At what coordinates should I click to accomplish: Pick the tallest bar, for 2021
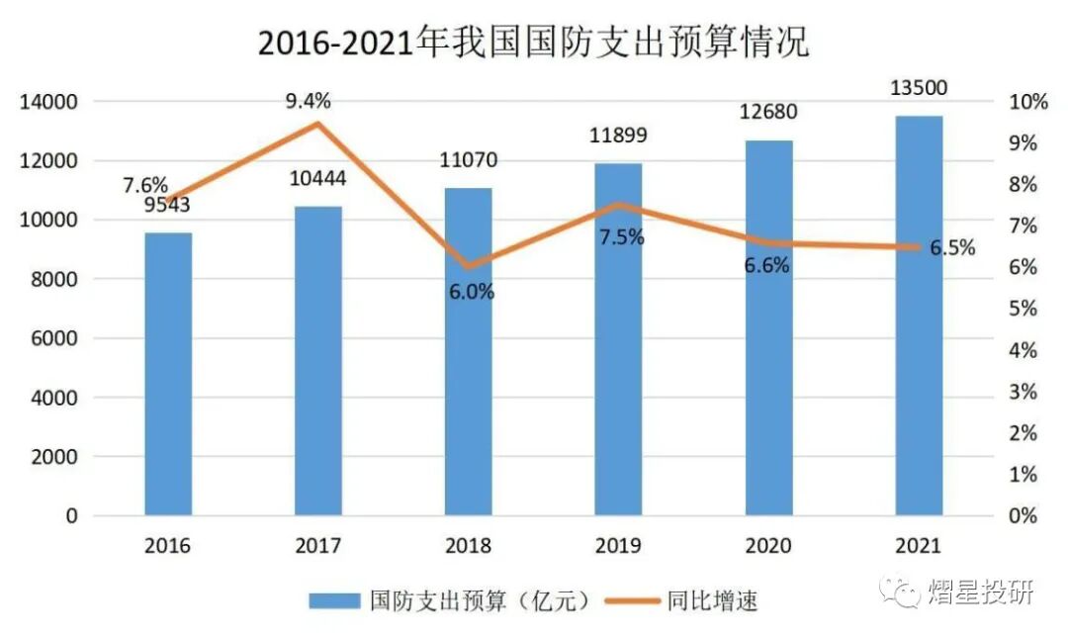(x=919, y=316)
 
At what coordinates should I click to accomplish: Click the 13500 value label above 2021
(x=919, y=88)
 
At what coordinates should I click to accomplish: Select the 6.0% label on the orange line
(x=471, y=292)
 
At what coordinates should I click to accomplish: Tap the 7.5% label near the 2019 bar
(x=620, y=237)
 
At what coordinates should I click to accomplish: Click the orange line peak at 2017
(x=317, y=124)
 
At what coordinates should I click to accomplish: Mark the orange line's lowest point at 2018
(x=469, y=266)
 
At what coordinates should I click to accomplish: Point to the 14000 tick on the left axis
(x=50, y=102)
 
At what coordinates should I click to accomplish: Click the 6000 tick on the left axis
(x=55, y=338)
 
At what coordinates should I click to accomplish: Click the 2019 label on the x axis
(x=618, y=546)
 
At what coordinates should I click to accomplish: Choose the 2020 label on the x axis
(x=768, y=546)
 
